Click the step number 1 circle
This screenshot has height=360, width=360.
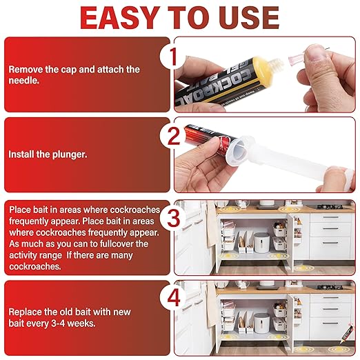[x=171, y=57]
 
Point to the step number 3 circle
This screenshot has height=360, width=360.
[x=173, y=217]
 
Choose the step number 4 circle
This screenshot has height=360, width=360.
[x=173, y=299]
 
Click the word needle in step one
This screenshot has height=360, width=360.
[x=24, y=81]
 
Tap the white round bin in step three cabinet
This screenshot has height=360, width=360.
[x=261, y=243]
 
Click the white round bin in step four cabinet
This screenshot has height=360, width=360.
[x=261, y=323]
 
